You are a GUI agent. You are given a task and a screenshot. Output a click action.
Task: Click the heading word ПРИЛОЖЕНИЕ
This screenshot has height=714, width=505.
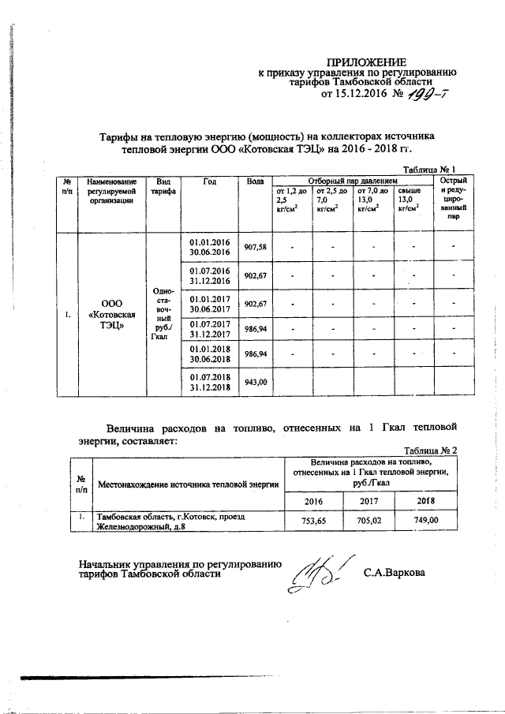368,62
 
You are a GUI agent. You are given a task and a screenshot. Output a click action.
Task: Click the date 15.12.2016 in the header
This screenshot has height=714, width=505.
356,95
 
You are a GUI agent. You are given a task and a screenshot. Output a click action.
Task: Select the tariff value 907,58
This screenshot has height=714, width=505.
255,247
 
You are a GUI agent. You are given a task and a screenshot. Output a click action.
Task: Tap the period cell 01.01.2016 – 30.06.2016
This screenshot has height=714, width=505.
209,247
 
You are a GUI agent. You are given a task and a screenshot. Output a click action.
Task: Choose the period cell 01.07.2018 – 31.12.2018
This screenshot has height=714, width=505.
209,382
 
